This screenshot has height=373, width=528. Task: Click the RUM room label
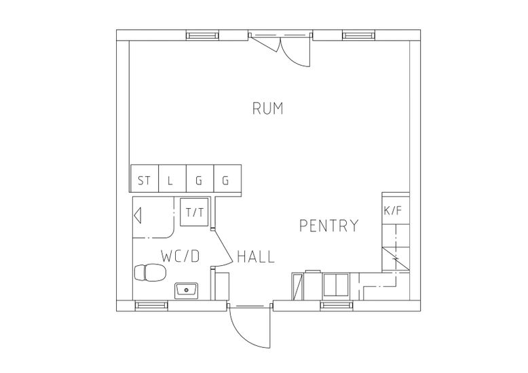point(267,109)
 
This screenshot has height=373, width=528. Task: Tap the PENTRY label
point(329,226)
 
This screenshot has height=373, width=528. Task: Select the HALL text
point(256,256)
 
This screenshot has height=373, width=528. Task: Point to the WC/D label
point(181,256)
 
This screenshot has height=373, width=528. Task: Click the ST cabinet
point(144,178)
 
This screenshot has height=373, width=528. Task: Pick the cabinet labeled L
point(172,178)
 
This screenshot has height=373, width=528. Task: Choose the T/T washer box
point(194,212)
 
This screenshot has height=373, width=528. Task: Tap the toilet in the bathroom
point(149,273)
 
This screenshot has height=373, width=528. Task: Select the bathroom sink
point(186,290)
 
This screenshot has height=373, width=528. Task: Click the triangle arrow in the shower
point(137,215)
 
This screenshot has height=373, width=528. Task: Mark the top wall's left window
point(203,35)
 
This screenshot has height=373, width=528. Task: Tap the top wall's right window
point(358,35)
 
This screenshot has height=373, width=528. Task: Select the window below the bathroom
point(151,305)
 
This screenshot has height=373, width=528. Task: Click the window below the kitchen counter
point(337,305)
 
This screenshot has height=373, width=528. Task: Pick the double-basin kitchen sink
point(336,285)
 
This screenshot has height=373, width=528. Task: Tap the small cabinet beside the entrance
point(222,286)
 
